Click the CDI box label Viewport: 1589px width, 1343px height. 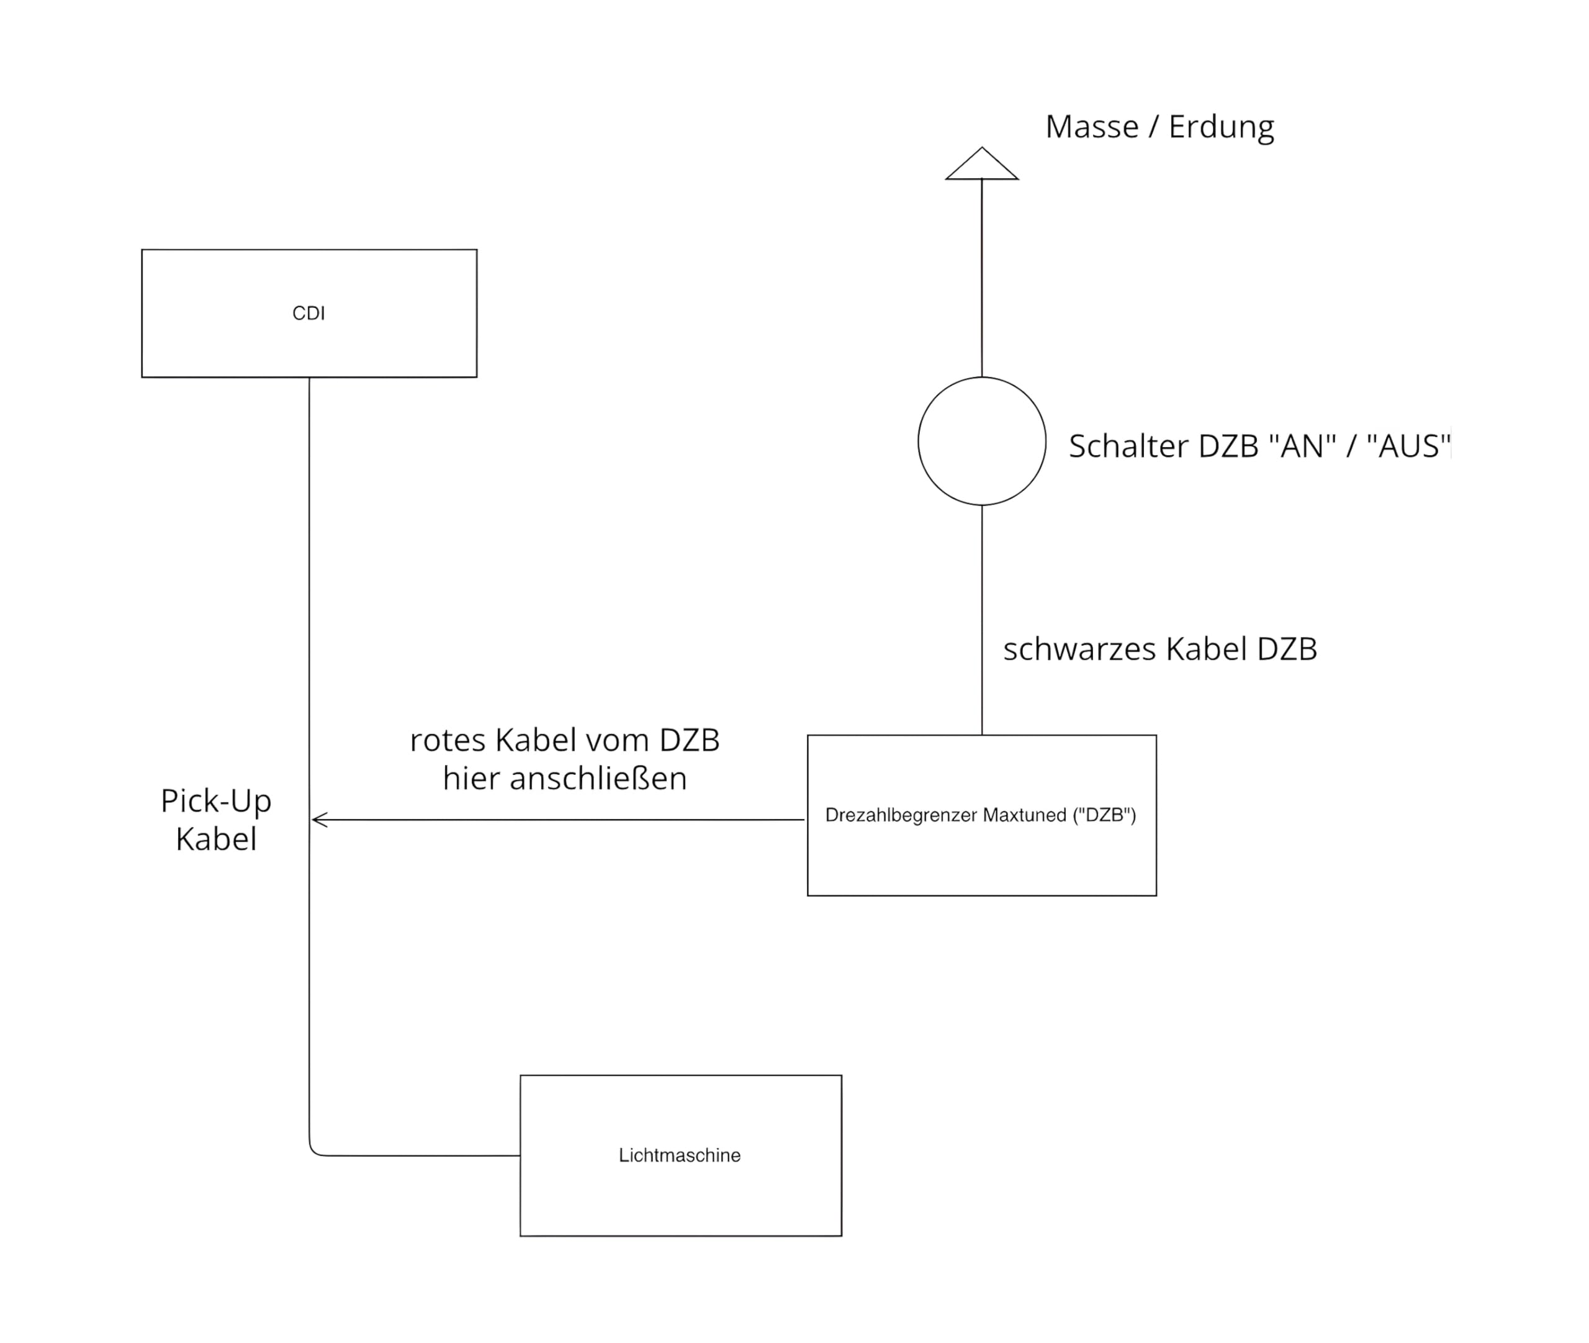[308, 314]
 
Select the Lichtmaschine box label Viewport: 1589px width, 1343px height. [679, 1155]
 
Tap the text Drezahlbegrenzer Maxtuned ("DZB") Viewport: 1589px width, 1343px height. [980, 815]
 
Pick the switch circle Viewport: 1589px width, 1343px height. [982, 441]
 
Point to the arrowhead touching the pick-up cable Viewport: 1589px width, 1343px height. [318, 820]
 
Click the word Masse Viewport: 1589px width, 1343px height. [1091, 127]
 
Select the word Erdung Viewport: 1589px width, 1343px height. [1221, 127]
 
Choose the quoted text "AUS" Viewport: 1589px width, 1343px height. [1408, 446]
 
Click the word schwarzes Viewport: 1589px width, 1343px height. [1080, 649]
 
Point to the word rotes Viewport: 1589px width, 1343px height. [448, 741]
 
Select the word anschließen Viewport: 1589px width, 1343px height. [598, 779]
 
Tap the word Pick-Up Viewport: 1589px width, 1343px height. [216, 802]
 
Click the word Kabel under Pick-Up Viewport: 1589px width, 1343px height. [216, 839]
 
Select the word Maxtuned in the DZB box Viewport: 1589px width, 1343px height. [1024, 815]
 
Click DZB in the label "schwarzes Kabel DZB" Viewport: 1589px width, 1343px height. [1287, 649]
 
